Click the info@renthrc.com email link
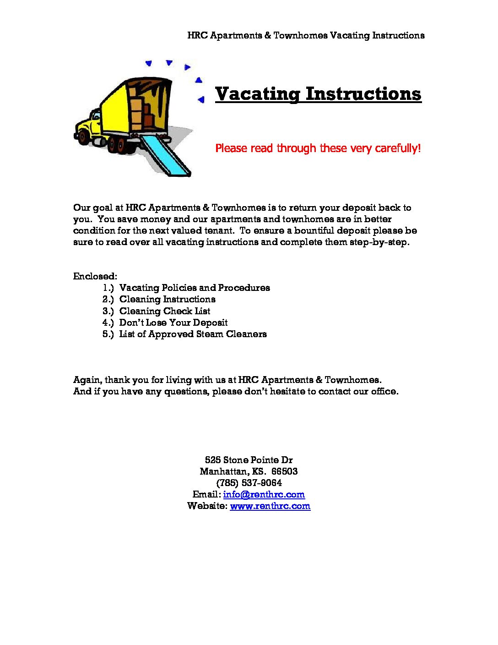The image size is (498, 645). click(264, 494)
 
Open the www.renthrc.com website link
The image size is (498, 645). click(270, 506)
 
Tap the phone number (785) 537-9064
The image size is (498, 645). click(249, 483)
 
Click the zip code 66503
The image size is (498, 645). click(284, 471)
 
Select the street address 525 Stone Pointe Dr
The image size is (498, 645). click(249, 460)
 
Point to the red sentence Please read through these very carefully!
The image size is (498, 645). click(318, 148)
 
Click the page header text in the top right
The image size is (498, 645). click(306, 35)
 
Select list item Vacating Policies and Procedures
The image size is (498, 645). click(195, 288)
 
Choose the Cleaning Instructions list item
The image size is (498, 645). click(167, 299)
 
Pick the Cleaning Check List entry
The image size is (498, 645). click(165, 311)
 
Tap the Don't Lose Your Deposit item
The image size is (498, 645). click(173, 322)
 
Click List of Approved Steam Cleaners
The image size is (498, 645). click(193, 334)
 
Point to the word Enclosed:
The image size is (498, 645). click(95, 276)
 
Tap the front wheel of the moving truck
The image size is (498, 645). click(83, 136)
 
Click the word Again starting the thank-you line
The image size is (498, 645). click(87, 380)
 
